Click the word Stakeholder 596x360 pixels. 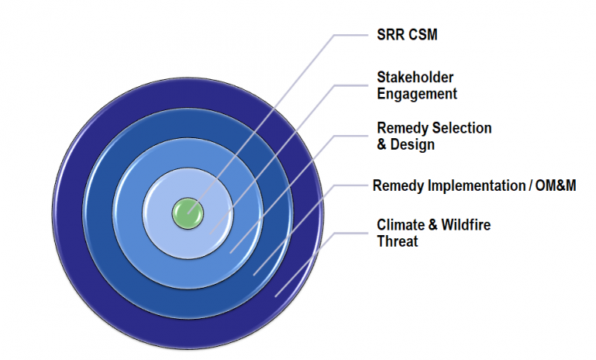pos(415,78)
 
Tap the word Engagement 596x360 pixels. pos(417,94)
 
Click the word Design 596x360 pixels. pos(411,144)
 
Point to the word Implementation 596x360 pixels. pos(476,186)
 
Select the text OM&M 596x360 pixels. pos(556,186)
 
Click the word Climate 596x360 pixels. pos(400,225)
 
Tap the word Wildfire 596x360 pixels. pos(465,225)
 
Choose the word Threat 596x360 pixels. pos(397,241)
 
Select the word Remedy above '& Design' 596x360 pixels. pos(400,128)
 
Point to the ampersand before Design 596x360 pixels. pos(382,144)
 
